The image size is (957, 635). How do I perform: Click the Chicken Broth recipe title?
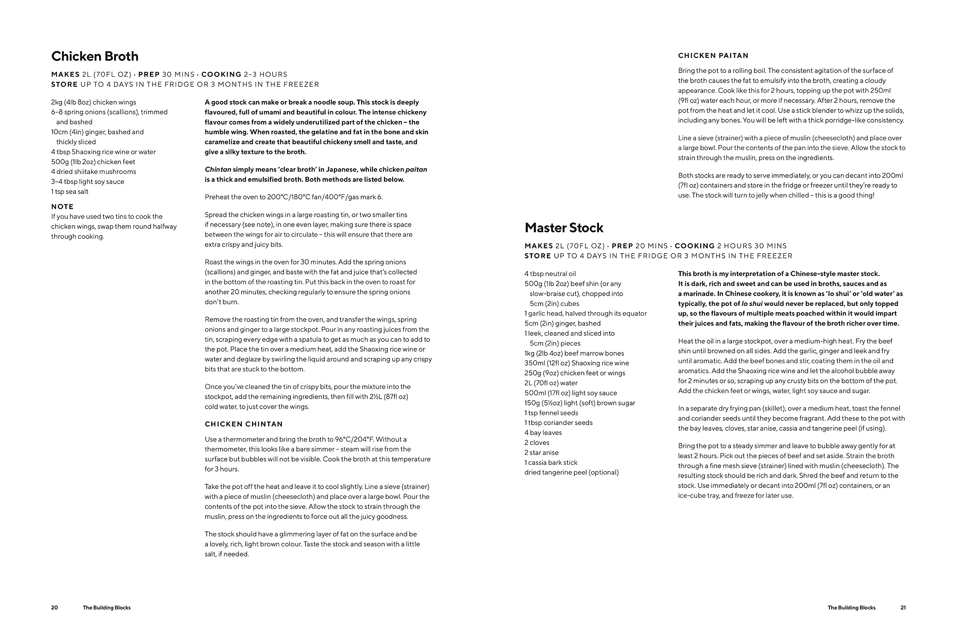coord(95,56)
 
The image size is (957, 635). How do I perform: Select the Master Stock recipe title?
coord(563,228)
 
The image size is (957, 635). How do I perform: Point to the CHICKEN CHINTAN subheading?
coord(244,424)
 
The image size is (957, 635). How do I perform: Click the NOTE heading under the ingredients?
coord(62,206)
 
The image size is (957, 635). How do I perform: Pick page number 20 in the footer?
coord(55,607)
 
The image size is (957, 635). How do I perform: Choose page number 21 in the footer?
coord(903,607)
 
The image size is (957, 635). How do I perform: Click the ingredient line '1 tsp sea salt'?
coord(70,191)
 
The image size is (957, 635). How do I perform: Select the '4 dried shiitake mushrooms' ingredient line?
coord(93,172)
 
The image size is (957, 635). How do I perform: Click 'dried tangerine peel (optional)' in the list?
coord(571,472)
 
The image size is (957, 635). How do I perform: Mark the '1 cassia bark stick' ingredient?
coord(551,463)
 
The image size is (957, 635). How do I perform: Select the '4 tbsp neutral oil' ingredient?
coord(550,274)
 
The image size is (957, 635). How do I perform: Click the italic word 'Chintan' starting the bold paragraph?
coord(218,170)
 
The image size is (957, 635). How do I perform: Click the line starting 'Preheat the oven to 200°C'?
coord(293,197)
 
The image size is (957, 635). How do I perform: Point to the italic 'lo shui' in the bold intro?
coord(752,304)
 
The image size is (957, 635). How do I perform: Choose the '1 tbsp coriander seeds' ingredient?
coord(558,423)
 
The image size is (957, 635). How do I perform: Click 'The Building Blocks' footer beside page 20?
coord(107,607)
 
